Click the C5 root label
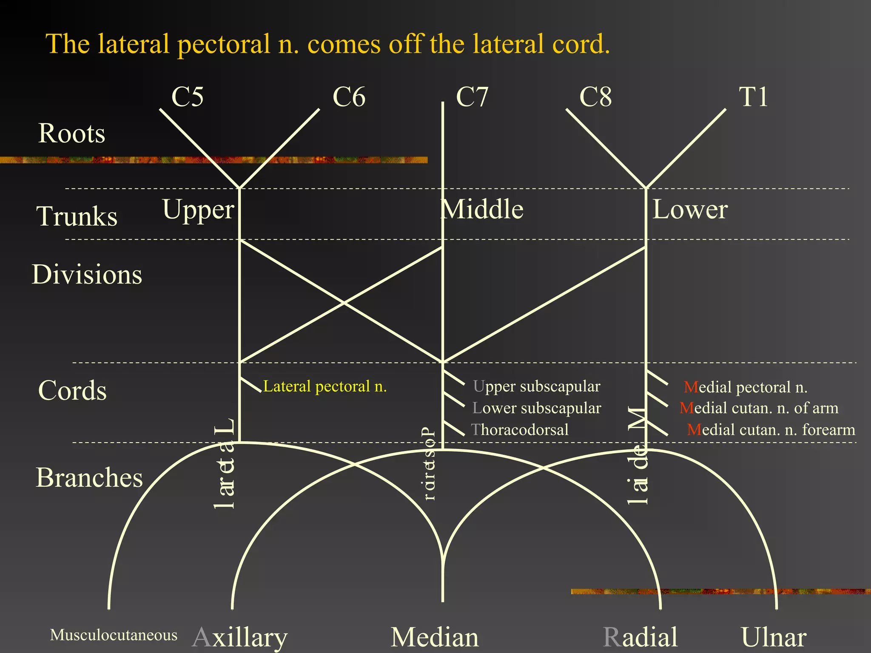tap(187, 97)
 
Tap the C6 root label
tap(349, 97)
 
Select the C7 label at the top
tap(472, 97)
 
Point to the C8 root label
tap(595, 97)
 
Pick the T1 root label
tap(753, 97)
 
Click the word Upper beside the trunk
tap(198, 210)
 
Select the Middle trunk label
tap(482, 209)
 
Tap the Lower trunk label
tap(690, 209)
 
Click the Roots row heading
tap(71, 133)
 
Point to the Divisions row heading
tap(87, 274)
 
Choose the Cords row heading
tap(72, 390)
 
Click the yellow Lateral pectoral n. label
tap(325, 386)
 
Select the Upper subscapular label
tap(536, 386)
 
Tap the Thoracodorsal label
tap(520, 429)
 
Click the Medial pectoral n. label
tap(745, 387)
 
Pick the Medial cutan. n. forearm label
tap(771, 429)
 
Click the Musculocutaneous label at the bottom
tap(114, 635)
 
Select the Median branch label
tap(435, 637)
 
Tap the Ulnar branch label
tap(774, 637)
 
